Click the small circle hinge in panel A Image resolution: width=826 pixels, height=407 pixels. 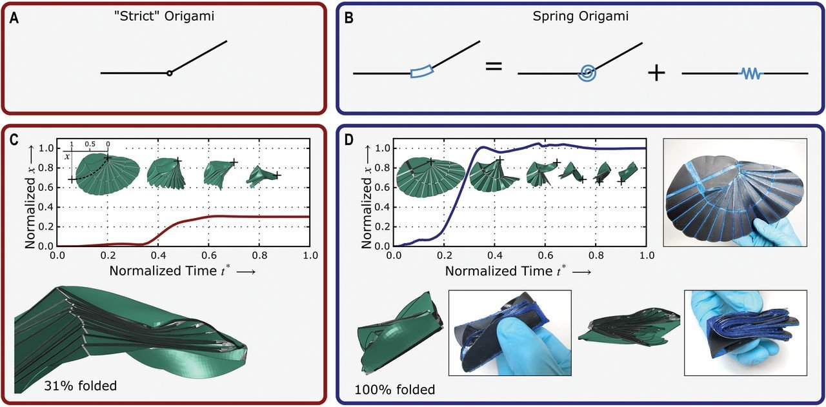(x=169, y=74)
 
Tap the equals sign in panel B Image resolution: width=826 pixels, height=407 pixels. (x=493, y=65)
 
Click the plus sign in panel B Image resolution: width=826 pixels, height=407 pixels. (x=656, y=73)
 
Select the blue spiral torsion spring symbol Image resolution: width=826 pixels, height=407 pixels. (x=587, y=73)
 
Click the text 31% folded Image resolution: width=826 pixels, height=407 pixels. (x=80, y=386)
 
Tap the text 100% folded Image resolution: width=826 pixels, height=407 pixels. (x=395, y=390)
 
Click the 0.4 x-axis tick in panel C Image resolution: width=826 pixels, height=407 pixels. (x=158, y=255)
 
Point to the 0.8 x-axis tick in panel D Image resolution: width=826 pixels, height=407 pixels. (x=595, y=255)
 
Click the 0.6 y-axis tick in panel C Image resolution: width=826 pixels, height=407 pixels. (x=46, y=187)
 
